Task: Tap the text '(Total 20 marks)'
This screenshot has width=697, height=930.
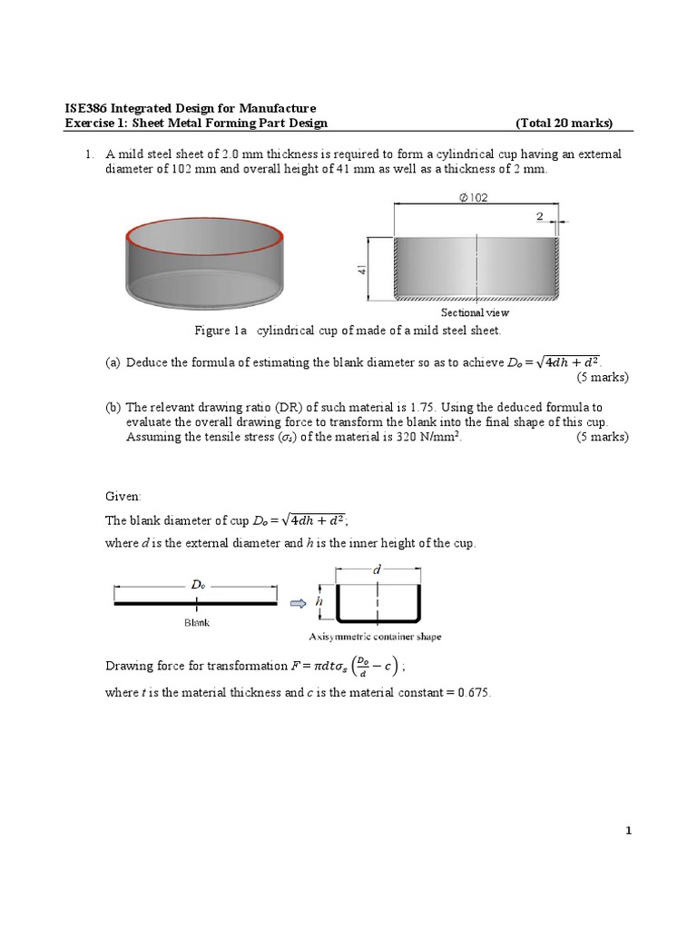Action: click(564, 124)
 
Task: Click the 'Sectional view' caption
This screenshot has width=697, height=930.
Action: click(475, 312)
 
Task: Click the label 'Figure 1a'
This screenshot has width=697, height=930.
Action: click(216, 331)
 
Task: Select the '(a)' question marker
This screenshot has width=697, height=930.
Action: click(113, 362)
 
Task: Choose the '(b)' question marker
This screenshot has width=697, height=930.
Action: click(113, 408)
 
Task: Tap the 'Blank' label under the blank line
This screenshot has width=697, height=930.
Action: click(197, 623)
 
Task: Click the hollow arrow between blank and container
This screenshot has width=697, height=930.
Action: click(296, 602)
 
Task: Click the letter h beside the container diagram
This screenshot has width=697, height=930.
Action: click(319, 601)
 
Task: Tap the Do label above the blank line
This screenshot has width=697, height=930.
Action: click(196, 586)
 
